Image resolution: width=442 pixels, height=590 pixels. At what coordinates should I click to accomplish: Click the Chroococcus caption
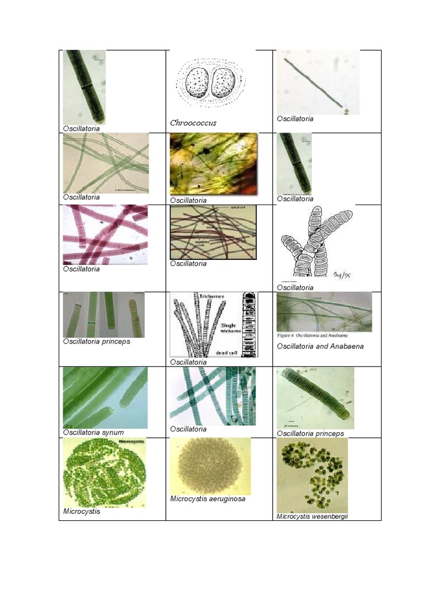193,123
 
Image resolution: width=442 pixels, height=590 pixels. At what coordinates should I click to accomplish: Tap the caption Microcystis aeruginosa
208,499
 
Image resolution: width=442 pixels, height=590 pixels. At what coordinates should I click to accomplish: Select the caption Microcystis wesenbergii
312,516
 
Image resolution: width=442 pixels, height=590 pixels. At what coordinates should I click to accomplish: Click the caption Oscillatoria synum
93,432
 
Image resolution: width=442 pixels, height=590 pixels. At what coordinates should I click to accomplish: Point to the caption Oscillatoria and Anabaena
320,346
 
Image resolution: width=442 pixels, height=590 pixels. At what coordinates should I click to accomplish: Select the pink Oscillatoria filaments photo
105,235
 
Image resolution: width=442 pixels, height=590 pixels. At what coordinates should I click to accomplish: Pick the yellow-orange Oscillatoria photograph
213,164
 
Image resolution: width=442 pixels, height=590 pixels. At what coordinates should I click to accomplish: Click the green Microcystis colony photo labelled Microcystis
104,472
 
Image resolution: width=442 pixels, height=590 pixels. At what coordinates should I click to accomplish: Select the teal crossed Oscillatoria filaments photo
212,396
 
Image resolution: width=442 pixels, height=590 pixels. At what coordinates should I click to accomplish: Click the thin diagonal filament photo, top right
318,82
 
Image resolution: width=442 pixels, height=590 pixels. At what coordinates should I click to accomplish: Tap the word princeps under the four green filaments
116,341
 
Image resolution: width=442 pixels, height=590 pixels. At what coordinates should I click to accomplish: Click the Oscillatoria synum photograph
105,398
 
